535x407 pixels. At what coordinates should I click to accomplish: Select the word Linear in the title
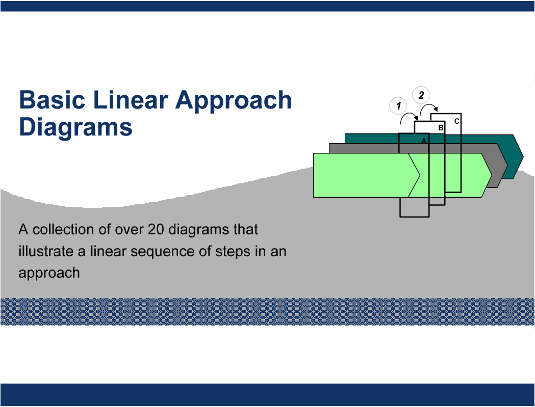[x=130, y=100]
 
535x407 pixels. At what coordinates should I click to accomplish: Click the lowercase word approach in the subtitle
[x=49, y=274]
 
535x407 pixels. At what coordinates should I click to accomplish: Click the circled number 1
[x=398, y=106]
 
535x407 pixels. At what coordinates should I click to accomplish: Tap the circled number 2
[x=421, y=95]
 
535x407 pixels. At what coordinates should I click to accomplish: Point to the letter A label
[x=424, y=141]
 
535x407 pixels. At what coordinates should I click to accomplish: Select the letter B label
[x=441, y=128]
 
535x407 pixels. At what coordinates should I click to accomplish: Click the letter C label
[x=457, y=121]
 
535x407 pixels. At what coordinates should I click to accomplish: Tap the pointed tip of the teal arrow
[x=523, y=157]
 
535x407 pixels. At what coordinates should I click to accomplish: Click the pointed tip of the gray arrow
[x=507, y=166]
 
